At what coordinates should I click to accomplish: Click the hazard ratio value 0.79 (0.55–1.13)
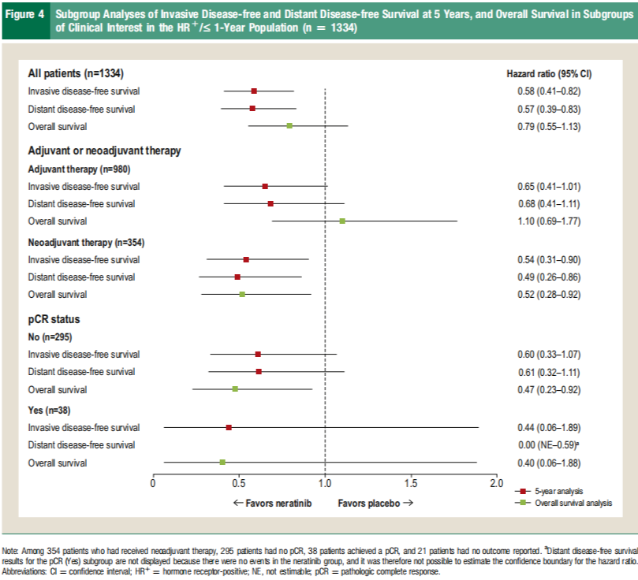tap(548, 126)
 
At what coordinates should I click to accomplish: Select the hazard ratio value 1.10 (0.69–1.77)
tap(548, 221)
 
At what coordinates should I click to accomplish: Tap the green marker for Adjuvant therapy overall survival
tap(342, 221)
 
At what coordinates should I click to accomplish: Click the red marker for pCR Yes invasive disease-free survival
tap(229, 427)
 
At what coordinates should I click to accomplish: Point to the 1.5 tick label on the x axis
tap(411, 482)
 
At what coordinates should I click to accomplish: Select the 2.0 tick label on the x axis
tap(496, 482)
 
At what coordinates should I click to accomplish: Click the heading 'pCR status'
tap(54, 319)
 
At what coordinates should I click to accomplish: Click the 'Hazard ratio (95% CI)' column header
tap(549, 74)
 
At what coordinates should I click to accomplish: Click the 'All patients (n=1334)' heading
tap(76, 73)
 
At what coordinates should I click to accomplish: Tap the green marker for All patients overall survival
tap(289, 126)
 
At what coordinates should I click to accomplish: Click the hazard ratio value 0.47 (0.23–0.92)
tap(548, 389)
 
